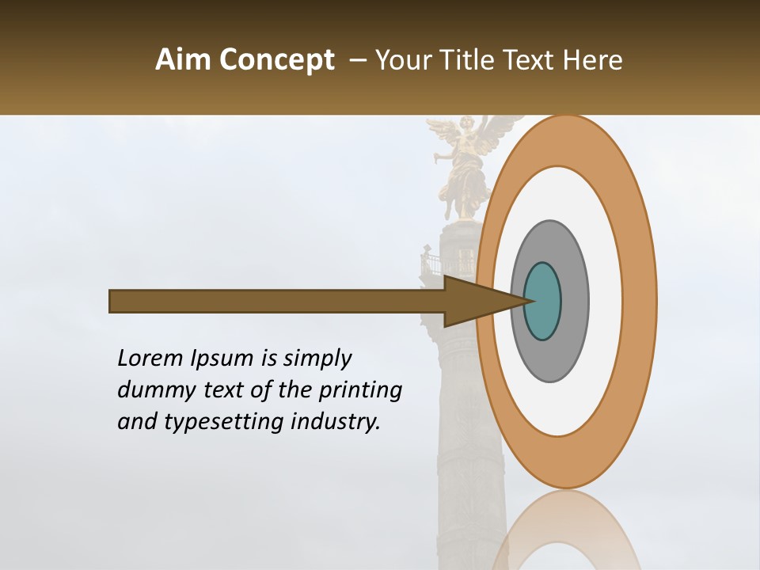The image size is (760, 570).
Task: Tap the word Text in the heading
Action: [x=531, y=60]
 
